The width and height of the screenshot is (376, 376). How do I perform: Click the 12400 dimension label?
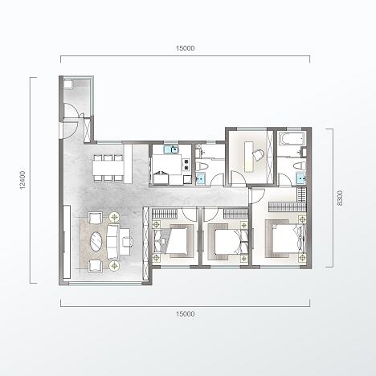click(x=22, y=180)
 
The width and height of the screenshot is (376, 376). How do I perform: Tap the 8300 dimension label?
click(x=340, y=198)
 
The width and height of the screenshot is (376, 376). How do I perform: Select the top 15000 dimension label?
click(x=186, y=48)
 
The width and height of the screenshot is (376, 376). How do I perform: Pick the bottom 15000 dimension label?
click(x=186, y=313)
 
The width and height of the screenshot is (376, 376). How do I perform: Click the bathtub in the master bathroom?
click(x=292, y=138)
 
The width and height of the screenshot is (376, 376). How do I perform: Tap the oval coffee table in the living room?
click(x=96, y=242)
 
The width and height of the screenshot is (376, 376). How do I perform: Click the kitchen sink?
click(x=171, y=149)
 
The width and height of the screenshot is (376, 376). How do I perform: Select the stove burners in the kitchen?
click(x=186, y=165)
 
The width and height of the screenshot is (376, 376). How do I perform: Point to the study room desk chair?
click(x=259, y=155)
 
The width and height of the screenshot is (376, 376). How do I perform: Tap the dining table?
click(x=108, y=168)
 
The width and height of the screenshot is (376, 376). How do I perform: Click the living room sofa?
click(x=112, y=242)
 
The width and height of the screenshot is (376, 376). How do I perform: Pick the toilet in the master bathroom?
click(x=300, y=166)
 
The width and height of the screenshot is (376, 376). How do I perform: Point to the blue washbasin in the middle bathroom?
click(x=200, y=179)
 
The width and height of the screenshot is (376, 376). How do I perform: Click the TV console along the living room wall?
click(x=67, y=242)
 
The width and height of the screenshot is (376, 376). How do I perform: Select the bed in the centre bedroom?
click(x=228, y=242)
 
